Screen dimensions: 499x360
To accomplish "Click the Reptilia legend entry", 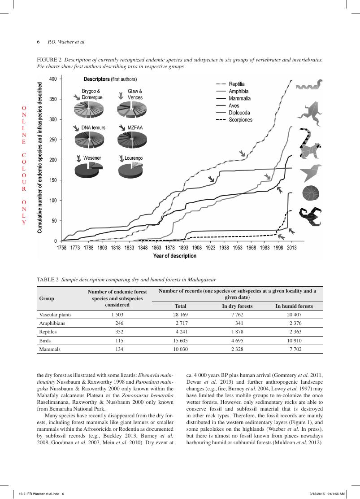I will pos(236,84).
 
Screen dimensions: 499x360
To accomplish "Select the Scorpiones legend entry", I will pos(240,120).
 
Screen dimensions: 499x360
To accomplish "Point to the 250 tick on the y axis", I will pos(53,140).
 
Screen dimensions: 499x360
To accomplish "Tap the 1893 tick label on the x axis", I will pos(183,248).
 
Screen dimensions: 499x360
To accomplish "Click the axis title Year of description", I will pos(175,256).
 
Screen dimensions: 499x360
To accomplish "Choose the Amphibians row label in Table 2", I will pos(52,323).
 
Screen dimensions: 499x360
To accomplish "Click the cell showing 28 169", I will pos(180,315).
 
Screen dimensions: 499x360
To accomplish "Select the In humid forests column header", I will pos(294,306).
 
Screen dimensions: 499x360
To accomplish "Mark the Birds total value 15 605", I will pos(180,341).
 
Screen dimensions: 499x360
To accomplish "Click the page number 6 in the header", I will pos(39,42).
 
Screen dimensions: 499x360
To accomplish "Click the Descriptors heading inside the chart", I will pos(96,79).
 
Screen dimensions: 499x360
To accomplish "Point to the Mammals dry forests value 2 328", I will pos(237,350).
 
